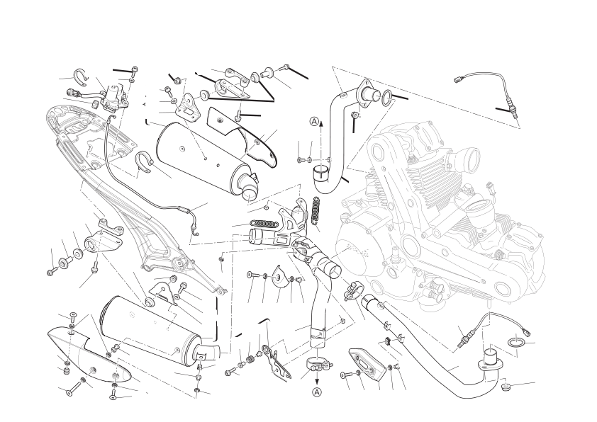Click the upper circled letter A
[313, 122]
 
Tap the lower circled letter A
[317, 392]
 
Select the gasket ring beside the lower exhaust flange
[517, 342]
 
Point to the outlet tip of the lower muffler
[208, 352]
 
